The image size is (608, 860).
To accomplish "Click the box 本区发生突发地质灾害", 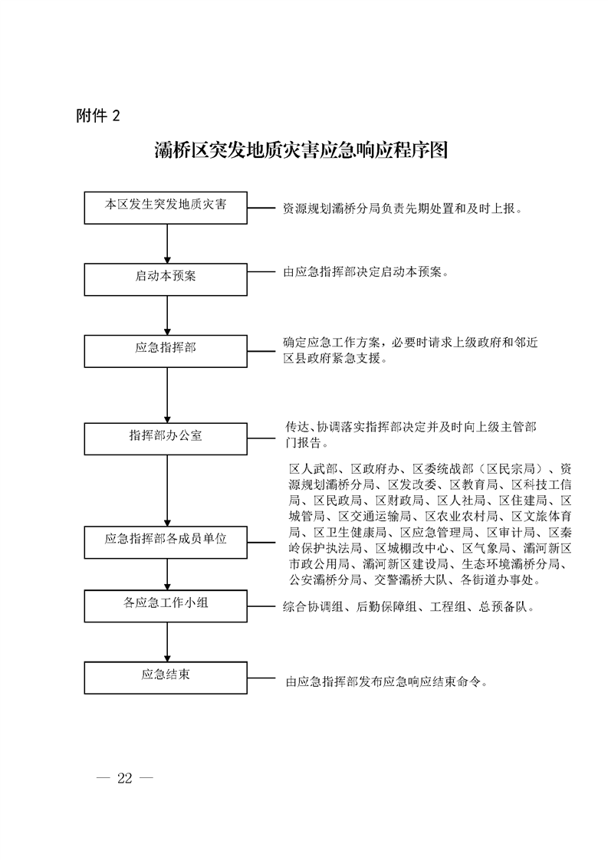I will pos(166,207).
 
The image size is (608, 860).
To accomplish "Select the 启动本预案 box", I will pos(166,277).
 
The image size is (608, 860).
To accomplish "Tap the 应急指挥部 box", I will pos(166,350).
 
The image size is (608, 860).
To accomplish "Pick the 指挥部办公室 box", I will pos(166,437).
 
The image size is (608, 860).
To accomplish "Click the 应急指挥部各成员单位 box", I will pos(166,541).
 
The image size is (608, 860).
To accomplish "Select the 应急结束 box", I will pos(166,676).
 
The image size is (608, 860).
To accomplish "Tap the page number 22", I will pos(125,779).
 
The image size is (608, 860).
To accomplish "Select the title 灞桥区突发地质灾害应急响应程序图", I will pos(301,149).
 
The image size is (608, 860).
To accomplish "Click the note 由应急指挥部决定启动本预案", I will pos(365,272).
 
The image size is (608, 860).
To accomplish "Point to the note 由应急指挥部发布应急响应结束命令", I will pos(386,680).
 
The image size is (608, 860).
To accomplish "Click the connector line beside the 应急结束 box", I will pos(261,678).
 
